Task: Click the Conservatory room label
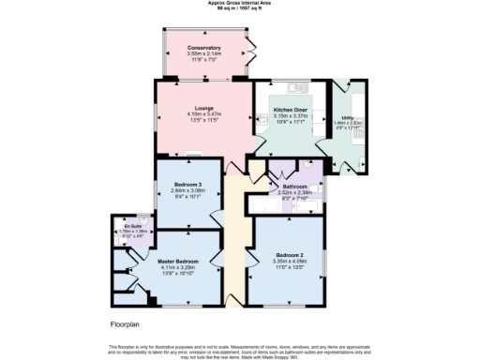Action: pyautogui.click(x=204, y=48)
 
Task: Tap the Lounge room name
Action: pyautogui.click(x=191, y=108)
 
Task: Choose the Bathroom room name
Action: pyautogui.click(x=292, y=187)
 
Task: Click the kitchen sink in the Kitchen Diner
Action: pyautogui.click(x=320, y=94)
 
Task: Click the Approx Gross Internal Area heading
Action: pyautogui.click(x=239, y=4)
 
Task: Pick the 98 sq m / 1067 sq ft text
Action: pyautogui.click(x=239, y=9)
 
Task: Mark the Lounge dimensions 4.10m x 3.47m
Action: pyautogui.click(x=191, y=114)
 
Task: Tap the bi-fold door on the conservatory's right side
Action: pyautogui.click(x=251, y=56)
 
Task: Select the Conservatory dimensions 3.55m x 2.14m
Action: pyautogui.click(x=204, y=54)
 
